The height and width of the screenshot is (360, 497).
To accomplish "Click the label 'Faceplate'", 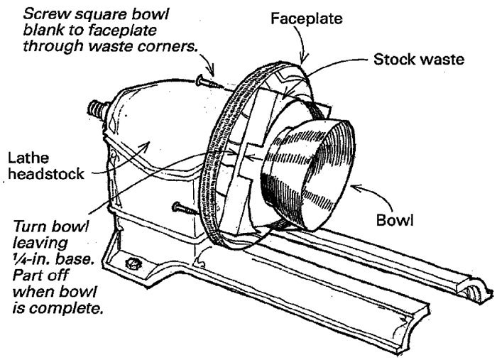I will pos(302,19).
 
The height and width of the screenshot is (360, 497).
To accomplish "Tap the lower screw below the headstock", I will pos(182,208).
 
